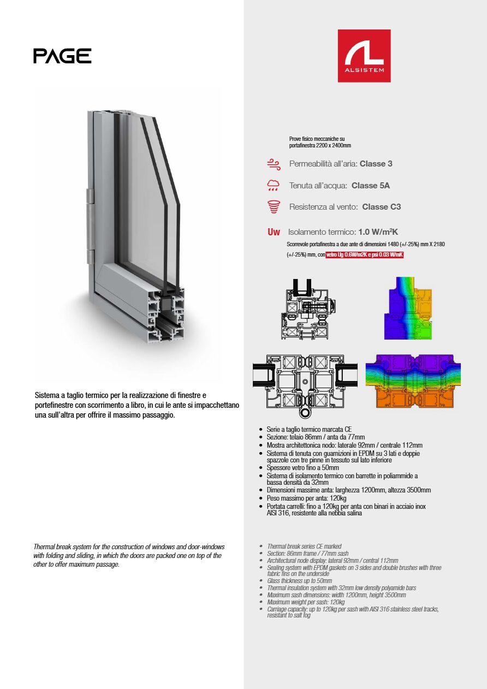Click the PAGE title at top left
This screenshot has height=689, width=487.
coord(62,56)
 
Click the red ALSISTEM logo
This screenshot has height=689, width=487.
coord(364,56)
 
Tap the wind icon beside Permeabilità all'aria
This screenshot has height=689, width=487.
coord(274,164)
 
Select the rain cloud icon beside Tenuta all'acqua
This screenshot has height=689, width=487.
coord(274,186)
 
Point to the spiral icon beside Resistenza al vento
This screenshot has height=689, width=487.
coord(274,207)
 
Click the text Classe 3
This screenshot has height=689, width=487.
coord(376,164)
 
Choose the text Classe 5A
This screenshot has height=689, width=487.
coord(371,186)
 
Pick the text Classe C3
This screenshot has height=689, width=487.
coord(381,207)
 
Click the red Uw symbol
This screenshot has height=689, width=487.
coord(274,233)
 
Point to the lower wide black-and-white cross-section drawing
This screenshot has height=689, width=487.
coord(305,382)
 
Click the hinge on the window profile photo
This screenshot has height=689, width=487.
coord(90,227)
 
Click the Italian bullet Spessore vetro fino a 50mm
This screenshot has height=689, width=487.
coord(302,468)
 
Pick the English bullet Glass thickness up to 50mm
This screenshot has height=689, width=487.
coord(299,581)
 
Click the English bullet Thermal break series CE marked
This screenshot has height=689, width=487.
coord(304,547)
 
